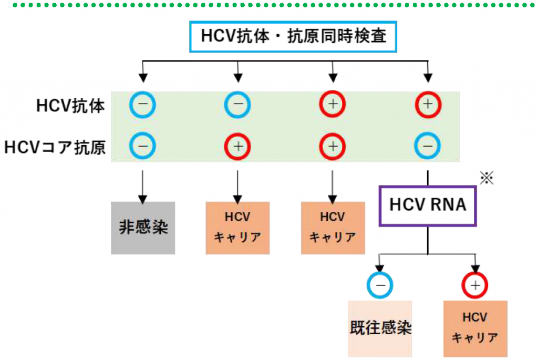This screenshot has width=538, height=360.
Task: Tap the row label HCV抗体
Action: [71, 106]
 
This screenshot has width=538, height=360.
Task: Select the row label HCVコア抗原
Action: [55, 147]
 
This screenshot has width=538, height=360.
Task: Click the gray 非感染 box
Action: [142, 229]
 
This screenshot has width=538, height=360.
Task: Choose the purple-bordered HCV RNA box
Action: [428, 204]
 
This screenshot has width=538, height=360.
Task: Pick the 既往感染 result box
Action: [380, 328]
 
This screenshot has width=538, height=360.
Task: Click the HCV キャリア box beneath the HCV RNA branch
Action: [475, 328]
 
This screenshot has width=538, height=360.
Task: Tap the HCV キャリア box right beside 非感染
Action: [237, 228]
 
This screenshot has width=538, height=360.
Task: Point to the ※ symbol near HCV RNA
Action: [487, 179]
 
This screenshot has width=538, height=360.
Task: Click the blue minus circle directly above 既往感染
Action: [380, 285]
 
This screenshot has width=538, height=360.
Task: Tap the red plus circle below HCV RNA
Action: [475, 285]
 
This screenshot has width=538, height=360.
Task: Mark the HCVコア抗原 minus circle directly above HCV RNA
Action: [428, 147]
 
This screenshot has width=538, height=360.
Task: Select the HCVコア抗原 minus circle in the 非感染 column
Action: [142, 147]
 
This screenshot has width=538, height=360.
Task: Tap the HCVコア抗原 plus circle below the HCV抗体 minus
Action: [237, 147]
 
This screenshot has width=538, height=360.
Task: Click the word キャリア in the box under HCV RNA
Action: [475, 337]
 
